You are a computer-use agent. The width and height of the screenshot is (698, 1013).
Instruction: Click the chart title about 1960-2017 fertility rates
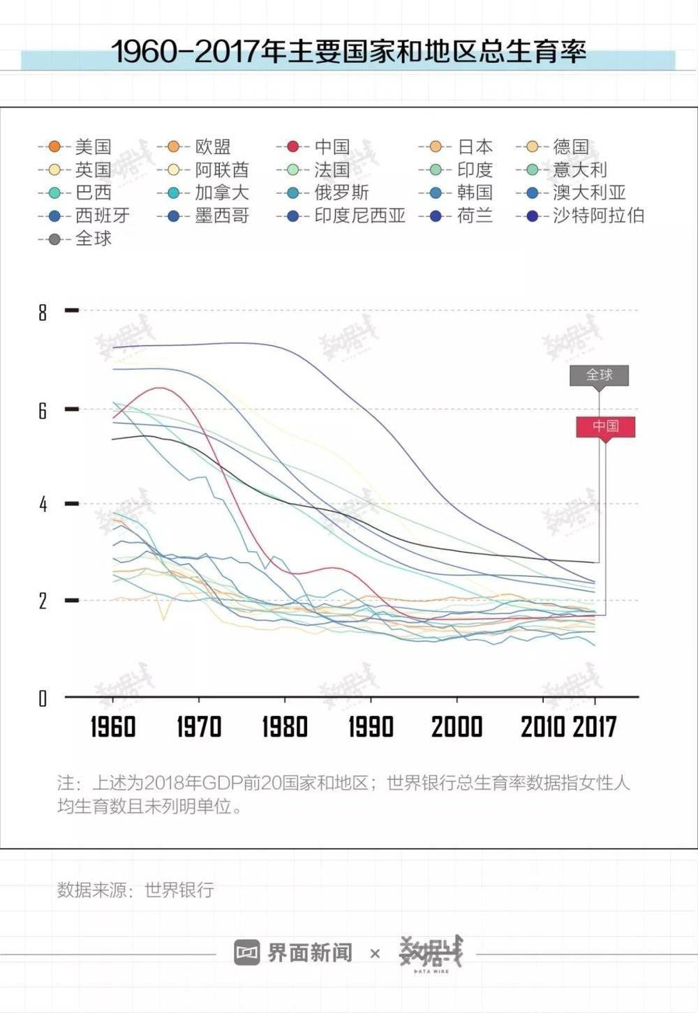(349, 51)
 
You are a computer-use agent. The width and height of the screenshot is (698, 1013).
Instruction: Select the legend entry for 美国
(75, 147)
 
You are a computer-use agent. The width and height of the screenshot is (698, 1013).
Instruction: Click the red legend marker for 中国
(293, 147)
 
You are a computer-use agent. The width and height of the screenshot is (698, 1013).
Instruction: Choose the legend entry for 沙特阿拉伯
(580, 216)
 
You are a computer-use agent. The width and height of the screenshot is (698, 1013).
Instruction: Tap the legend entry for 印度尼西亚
(341, 216)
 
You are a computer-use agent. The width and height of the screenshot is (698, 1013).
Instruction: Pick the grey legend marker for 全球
(54, 239)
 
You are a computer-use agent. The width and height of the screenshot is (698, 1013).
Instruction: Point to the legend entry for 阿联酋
(202, 170)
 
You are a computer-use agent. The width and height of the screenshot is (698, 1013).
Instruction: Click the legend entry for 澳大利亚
(571, 193)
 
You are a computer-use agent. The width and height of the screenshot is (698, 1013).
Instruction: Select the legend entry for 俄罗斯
(322, 193)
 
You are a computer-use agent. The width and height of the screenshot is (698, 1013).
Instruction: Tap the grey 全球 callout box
(599, 375)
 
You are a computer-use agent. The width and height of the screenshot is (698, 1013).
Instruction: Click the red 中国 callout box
(605, 426)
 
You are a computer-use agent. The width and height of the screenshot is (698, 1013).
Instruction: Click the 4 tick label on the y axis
(43, 504)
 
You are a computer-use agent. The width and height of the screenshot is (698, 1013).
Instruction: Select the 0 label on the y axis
(43, 698)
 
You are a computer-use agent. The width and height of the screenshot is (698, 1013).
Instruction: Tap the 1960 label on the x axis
(112, 727)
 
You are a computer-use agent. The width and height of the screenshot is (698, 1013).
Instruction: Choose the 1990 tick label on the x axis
(371, 727)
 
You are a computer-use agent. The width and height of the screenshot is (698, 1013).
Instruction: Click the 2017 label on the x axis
(595, 727)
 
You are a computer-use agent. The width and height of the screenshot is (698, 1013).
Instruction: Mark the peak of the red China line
(160, 388)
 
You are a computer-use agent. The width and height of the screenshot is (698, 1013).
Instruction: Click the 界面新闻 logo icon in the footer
(247, 952)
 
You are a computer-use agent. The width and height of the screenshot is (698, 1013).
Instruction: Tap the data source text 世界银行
(179, 890)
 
